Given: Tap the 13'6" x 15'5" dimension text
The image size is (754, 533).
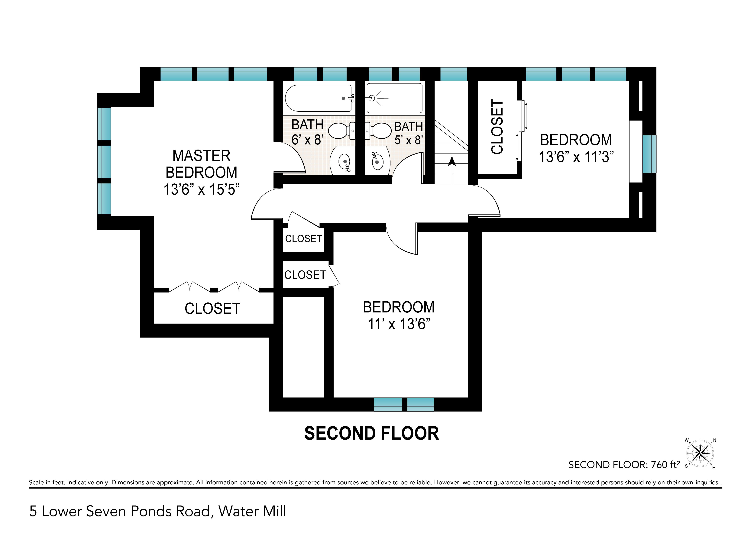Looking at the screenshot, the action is pyautogui.click(x=202, y=189).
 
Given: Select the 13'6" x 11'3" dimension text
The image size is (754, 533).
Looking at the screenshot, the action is pyautogui.click(x=576, y=157).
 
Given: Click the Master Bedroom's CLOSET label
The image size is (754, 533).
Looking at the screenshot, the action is pyautogui.click(x=212, y=309).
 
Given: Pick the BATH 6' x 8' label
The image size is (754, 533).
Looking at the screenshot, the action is pyautogui.click(x=308, y=132).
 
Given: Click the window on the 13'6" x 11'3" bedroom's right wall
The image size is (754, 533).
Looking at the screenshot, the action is pyautogui.click(x=649, y=154).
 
